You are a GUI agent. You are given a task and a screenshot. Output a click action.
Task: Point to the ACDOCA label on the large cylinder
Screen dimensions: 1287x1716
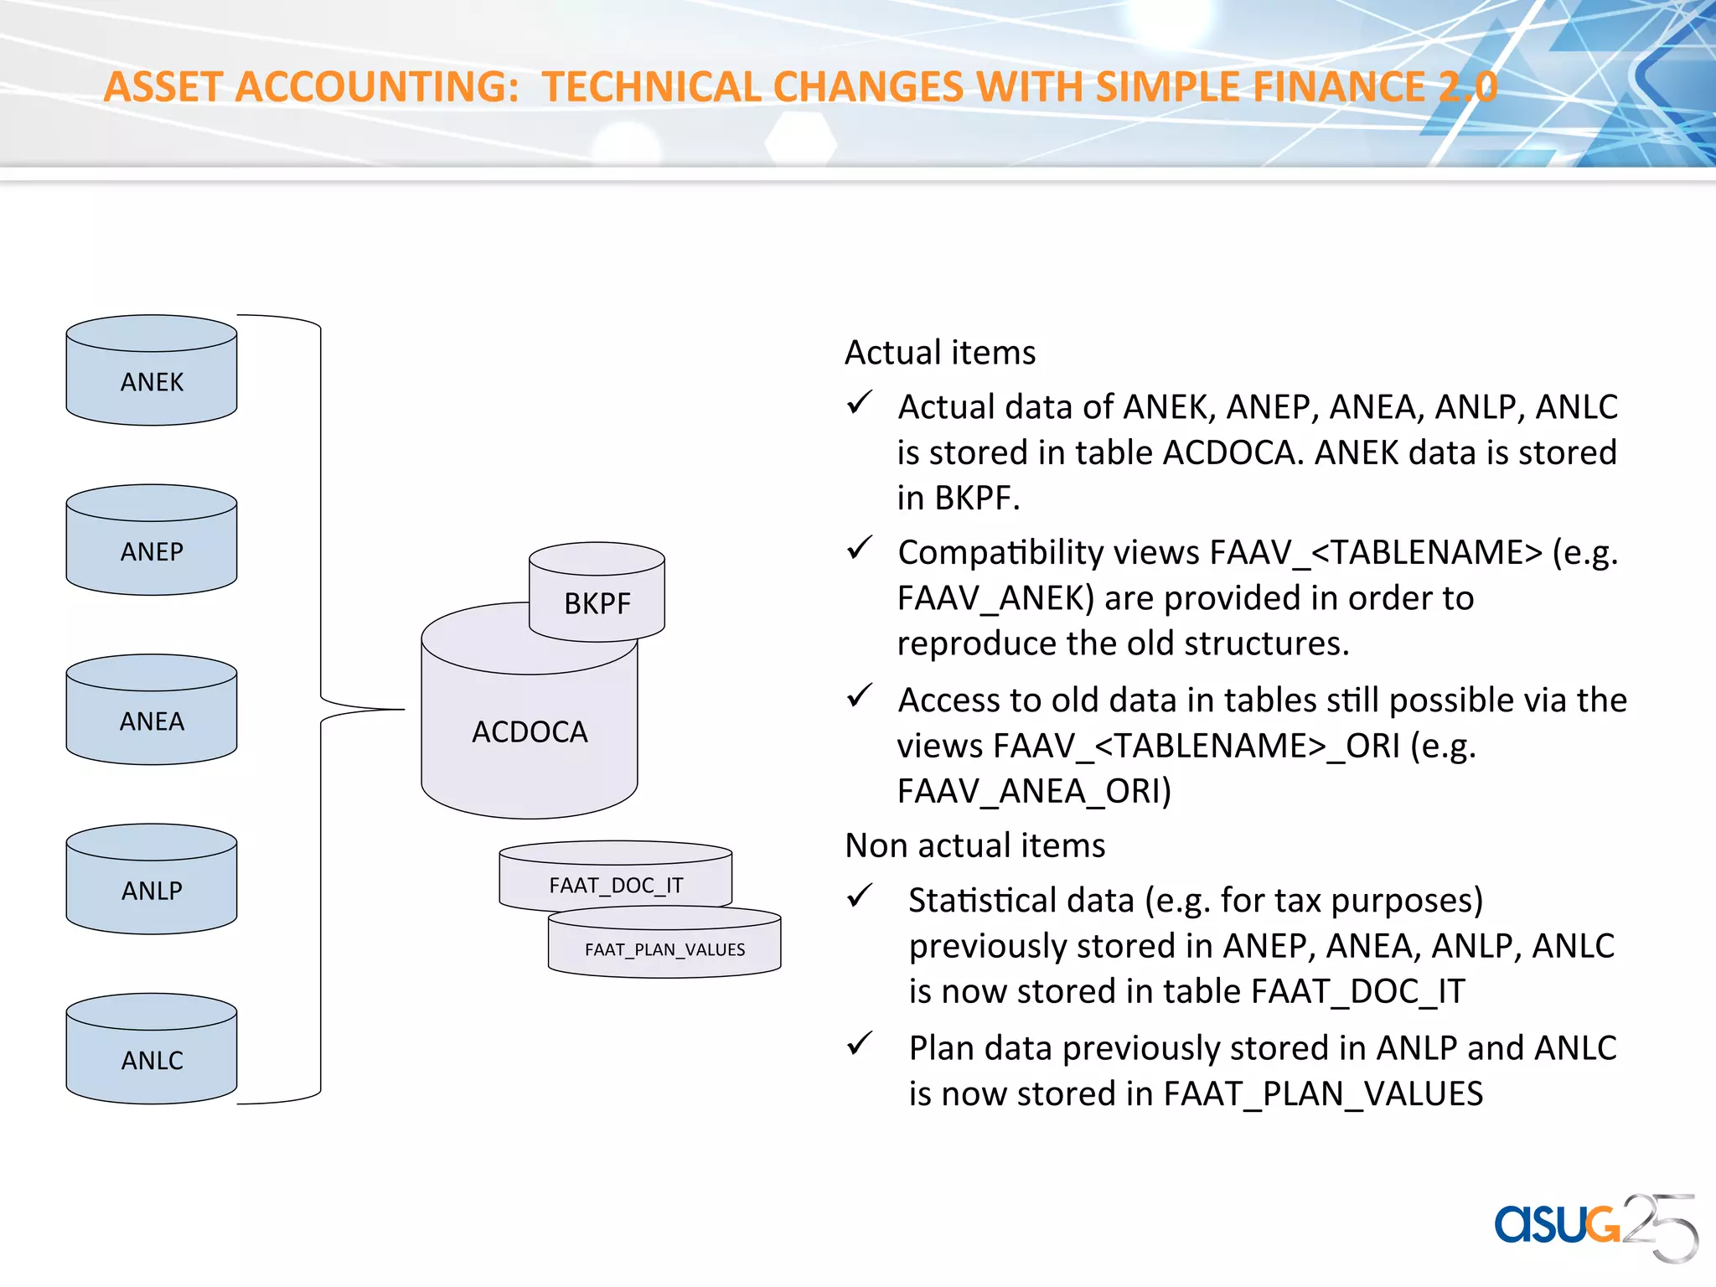[530, 732]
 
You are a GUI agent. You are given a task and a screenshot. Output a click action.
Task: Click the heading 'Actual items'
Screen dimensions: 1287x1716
[939, 353]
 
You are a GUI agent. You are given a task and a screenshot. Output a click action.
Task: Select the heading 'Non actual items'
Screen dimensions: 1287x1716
[974, 845]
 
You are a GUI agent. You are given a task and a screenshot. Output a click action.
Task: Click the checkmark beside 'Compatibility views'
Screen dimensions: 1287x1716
[860, 549]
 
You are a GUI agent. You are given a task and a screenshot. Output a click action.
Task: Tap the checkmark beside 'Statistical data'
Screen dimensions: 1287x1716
[860, 897]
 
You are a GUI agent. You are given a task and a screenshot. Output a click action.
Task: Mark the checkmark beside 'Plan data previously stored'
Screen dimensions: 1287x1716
[860, 1044]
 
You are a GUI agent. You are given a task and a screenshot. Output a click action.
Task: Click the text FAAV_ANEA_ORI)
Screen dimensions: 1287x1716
[1033, 791]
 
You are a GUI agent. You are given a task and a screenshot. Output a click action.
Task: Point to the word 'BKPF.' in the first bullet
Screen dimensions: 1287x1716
[977, 499]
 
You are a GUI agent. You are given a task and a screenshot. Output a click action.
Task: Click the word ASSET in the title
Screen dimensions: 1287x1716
[163, 87]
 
